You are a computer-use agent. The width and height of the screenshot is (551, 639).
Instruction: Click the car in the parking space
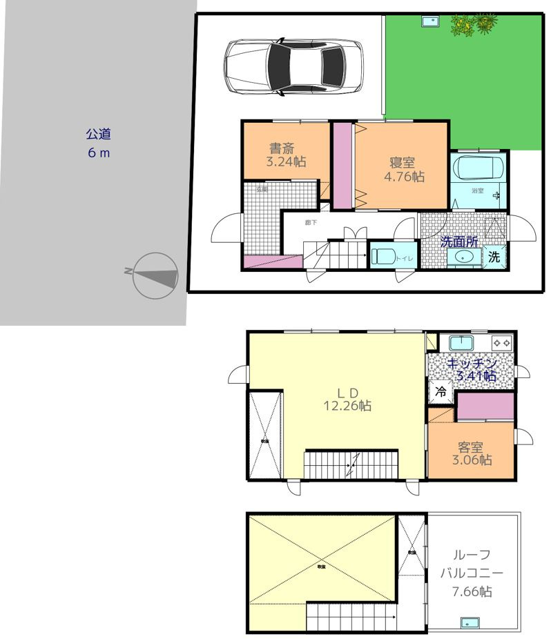(x=293, y=66)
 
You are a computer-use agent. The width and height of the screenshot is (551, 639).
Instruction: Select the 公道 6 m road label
(x=99, y=143)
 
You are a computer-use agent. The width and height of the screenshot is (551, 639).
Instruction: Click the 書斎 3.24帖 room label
(x=286, y=155)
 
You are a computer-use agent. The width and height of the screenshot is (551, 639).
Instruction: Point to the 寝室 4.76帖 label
(x=403, y=169)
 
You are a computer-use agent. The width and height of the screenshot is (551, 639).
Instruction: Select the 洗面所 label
(x=459, y=242)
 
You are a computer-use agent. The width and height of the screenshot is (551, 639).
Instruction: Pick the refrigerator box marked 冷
(x=440, y=391)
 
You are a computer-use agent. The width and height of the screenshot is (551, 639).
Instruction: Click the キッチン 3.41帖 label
(x=472, y=369)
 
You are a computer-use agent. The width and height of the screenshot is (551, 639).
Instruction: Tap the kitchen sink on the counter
(x=460, y=342)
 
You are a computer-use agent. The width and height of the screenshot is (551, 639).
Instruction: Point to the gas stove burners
(x=501, y=342)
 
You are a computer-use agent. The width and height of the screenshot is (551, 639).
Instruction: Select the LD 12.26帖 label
(x=347, y=399)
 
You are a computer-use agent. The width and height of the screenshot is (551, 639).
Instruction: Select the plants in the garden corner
(x=474, y=24)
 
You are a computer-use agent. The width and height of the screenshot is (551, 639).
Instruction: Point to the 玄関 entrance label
(x=262, y=188)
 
